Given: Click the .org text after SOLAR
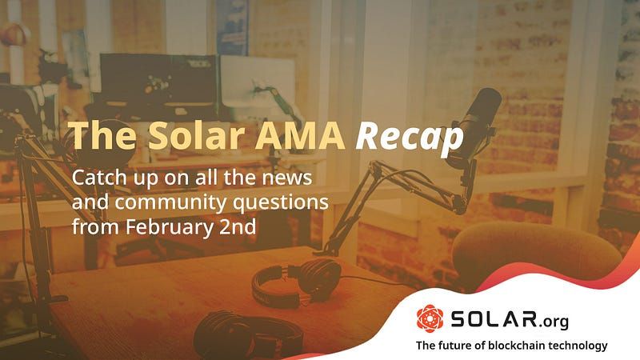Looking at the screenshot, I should [x=551, y=322].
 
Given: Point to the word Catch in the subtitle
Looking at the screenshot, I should [x=95, y=176].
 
